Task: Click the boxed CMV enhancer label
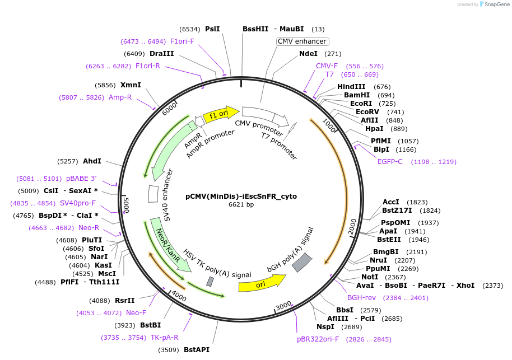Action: point(302,41)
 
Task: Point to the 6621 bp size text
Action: point(241,205)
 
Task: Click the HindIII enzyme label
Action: point(351,87)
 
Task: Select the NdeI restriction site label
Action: point(308,54)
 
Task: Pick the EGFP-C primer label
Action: point(390,162)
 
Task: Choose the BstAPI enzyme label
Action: point(197,350)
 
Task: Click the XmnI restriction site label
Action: point(131,85)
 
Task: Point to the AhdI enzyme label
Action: point(92,161)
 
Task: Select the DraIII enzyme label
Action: point(162,54)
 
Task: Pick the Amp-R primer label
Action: point(120,97)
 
